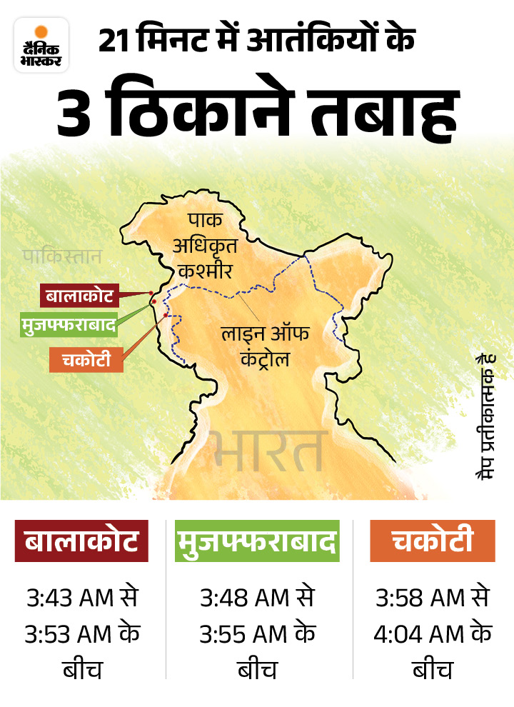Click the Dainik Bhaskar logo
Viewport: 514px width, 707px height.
click(41, 45)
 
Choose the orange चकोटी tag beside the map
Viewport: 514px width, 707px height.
click(86, 359)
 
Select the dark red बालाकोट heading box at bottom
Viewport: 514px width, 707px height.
click(81, 541)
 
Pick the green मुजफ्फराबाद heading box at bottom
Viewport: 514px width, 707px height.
click(256, 541)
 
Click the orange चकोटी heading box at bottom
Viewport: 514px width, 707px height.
click(432, 541)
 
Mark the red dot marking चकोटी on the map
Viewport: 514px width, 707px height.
click(166, 315)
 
